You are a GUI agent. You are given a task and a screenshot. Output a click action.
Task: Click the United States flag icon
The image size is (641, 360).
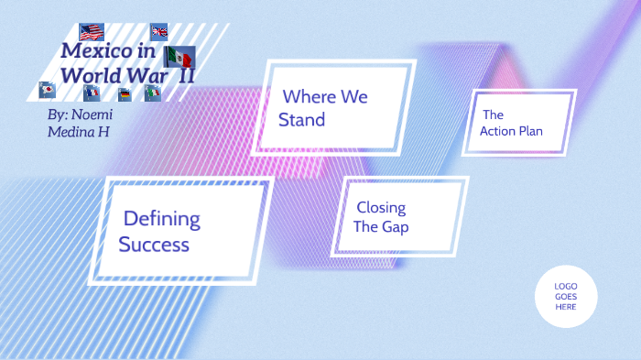pyautogui.click(x=92, y=33)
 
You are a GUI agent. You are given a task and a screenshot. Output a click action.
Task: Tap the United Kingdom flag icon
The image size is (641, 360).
pyautogui.click(x=159, y=32)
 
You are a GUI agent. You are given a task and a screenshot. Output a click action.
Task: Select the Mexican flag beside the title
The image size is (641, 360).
pyautogui.click(x=179, y=57)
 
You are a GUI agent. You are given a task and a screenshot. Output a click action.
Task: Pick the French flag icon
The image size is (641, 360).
pyautogui.click(x=92, y=93)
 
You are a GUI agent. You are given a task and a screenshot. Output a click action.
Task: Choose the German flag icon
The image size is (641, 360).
pyautogui.click(x=125, y=93)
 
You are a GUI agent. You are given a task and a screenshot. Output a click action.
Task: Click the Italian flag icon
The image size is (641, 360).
pyautogui.click(x=153, y=93)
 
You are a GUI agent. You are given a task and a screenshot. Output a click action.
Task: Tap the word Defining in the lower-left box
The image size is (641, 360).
pyautogui.click(x=161, y=219)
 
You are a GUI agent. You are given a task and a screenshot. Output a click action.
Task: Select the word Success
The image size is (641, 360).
pyautogui.click(x=154, y=245)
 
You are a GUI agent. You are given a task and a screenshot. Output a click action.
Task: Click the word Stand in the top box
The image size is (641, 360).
pyautogui.click(x=301, y=119)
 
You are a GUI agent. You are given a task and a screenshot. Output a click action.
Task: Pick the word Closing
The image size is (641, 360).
pyautogui.click(x=381, y=208)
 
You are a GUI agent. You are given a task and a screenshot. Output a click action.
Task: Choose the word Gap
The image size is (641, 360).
pyautogui.click(x=396, y=227)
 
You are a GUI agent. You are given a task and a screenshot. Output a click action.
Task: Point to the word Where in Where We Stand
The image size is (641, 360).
pyautogui.click(x=307, y=96)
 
